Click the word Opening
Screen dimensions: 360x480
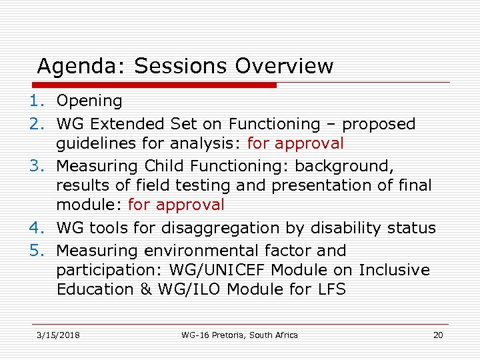[89, 101]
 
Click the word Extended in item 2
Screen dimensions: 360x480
[123, 124]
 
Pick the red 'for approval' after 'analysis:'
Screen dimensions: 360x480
[295, 143]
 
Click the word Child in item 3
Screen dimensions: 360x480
[169, 165]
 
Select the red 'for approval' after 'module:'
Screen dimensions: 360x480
[176, 205]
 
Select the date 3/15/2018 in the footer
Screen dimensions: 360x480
[58, 335]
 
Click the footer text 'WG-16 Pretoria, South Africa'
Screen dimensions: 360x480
[239, 335]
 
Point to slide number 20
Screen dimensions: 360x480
[437, 335]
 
